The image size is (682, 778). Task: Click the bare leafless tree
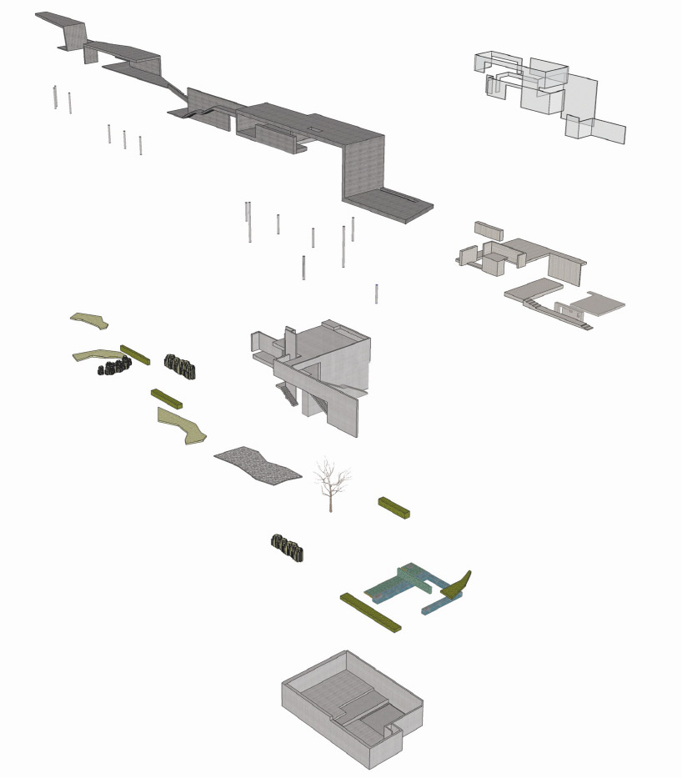(x=331, y=484)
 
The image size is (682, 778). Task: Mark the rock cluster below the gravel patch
(x=287, y=547)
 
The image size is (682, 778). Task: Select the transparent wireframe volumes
(x=546, y=92)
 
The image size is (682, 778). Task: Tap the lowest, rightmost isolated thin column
(x=377, y=294)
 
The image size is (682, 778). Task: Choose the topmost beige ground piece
(x=89, y=319)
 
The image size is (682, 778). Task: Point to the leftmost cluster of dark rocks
(x=114, y=366)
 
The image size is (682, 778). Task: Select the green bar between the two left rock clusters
(x=134, y=354)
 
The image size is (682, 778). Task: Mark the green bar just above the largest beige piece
(x=167, y=397)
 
